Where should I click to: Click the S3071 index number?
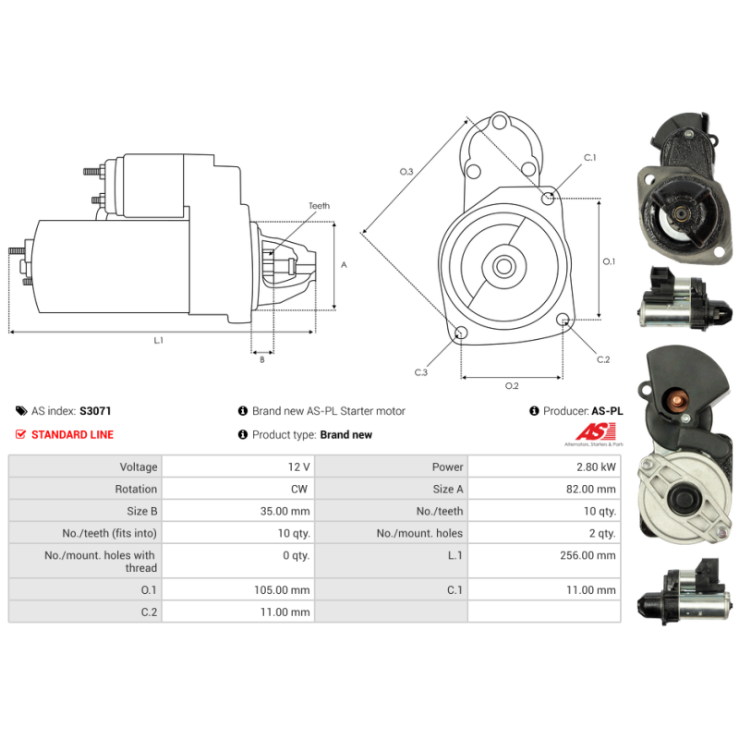(95, 411)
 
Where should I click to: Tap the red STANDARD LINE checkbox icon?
(20, 434)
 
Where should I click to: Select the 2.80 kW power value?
(596, 466)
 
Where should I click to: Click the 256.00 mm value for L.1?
(588, 555)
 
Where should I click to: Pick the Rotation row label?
(136, 489)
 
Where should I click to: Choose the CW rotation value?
(299, 489)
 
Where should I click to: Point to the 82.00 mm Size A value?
(590, 489)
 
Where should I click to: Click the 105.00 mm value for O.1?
(282, 589)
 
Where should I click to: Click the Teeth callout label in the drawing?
(319, 206)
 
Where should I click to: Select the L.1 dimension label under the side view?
(158, 340)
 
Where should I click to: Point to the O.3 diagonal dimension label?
(406, 172)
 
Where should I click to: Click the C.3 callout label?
(421, 372)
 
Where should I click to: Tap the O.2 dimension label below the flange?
(512, 386)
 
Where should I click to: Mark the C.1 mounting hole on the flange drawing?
(548, 198)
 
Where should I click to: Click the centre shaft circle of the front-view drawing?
(503, 266)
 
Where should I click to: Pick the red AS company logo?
(595, 431)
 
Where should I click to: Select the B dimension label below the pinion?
(262, 359)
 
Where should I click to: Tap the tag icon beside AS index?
(21, 411)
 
